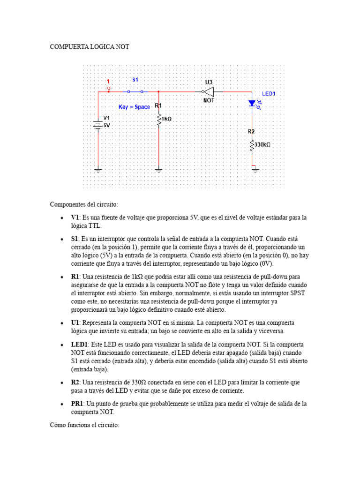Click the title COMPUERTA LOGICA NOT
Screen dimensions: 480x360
coord(90,47)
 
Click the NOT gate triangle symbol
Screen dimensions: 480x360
coord(209,91)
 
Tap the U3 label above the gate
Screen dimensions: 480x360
coord(209,82)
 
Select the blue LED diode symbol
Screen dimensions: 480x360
coord(252,103)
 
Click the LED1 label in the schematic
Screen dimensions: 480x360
coord(269,94)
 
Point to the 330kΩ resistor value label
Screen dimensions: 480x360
coord(262,145)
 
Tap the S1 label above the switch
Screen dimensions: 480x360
coord(135,80)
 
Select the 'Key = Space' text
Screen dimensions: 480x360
coord(134,107)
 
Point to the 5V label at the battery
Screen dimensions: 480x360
coord(106,126)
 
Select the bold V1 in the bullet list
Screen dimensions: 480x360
coord(75,217)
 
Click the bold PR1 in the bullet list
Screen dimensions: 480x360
coord(77,403)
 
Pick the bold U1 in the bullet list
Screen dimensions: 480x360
coord(75,323)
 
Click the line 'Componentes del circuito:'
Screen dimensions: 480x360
coord(84,204)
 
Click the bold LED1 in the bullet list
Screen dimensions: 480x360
coord(80,344)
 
